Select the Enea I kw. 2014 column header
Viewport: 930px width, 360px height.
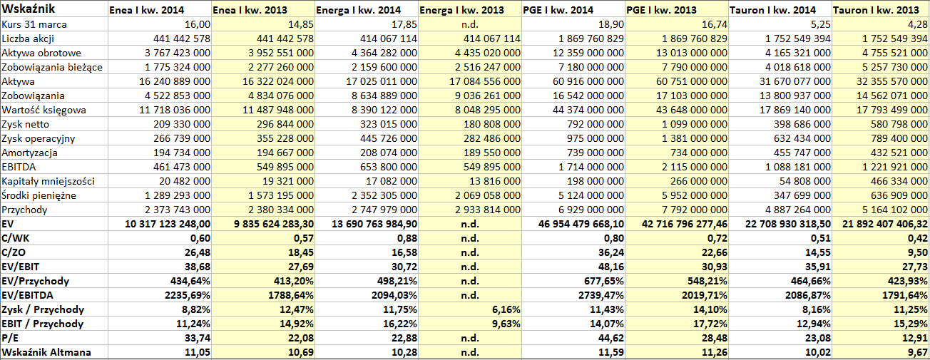[146, 10]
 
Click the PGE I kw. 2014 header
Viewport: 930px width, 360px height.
[558, 10]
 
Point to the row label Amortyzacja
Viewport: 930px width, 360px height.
[29, 153]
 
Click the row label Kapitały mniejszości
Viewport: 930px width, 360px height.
[48, 182]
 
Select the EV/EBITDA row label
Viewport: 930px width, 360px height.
[27, 295]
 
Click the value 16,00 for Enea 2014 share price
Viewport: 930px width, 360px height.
[198, 24]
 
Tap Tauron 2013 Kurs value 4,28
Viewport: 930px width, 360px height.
[918, 24]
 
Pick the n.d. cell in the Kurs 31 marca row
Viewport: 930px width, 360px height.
[470, 24]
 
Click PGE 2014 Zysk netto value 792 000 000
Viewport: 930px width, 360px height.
[596, 125]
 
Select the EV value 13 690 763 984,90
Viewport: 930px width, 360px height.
[374, 225]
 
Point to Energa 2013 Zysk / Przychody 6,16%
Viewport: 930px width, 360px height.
[506, 310]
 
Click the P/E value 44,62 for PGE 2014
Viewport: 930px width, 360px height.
[610, 338]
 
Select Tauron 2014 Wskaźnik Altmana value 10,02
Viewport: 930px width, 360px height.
[818, 352]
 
